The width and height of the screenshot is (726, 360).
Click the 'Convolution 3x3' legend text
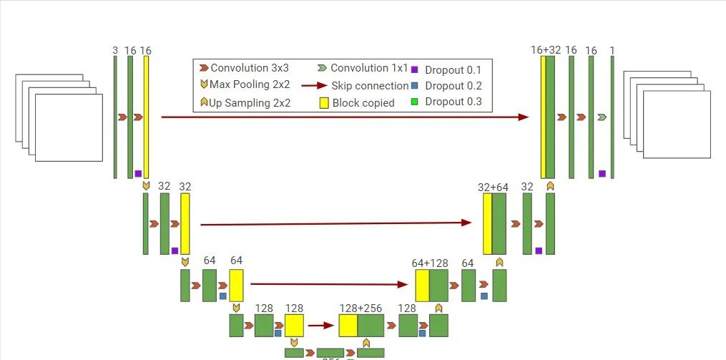tap(250, 69)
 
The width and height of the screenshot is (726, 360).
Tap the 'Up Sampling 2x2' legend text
tap(250, 102)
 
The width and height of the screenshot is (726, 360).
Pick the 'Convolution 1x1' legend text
tap(369, 69)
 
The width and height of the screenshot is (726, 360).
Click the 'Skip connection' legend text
tap(370, 86)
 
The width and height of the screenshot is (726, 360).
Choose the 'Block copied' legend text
tap(363, 102)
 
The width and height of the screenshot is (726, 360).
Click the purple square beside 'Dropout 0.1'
tap(415, 69)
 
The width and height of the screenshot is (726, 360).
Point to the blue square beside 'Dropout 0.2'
tap(415, 86)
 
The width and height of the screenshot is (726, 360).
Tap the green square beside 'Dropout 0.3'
tap(415, 102)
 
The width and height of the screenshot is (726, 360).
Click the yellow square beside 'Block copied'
tap(324, 102)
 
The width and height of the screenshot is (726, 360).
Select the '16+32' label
tap(546, 50)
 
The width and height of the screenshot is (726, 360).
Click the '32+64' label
tap(494, 188)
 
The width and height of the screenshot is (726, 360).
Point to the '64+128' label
tap(431, 263)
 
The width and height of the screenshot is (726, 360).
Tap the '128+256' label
tap(360, 308)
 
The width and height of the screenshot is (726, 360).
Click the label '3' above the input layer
tap(115, 51)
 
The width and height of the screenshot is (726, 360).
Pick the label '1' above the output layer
tap(612, 51)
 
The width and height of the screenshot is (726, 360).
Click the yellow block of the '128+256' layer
tap(348, 326)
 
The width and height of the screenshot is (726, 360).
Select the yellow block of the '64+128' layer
tap(422, 286)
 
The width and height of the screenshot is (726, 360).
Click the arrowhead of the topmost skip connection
tap(524, 117)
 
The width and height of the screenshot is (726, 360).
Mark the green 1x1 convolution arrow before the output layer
tap(602, 117)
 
